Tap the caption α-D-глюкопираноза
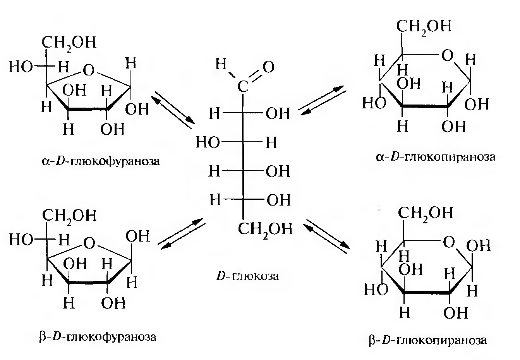(435, 157)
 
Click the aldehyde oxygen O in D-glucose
(268, 67)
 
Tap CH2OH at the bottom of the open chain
(265, 229)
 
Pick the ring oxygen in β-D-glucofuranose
(89, 243)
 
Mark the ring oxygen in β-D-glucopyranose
(448, 243)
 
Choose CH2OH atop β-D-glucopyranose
(425, 213)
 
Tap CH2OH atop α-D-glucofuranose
(70, 42)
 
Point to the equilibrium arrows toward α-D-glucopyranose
(324, 99)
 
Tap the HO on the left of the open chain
(208, 143)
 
